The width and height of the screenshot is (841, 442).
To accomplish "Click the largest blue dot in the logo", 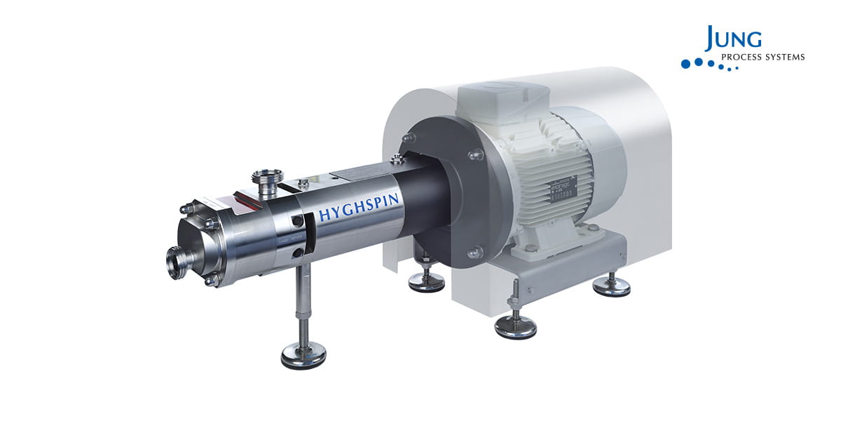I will pos(686,64).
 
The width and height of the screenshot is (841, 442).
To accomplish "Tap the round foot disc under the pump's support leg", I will pos(303,356).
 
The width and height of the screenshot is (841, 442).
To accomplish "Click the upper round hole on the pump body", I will pos(299,221).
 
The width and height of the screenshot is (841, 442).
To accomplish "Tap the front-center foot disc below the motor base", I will pos(515,327).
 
